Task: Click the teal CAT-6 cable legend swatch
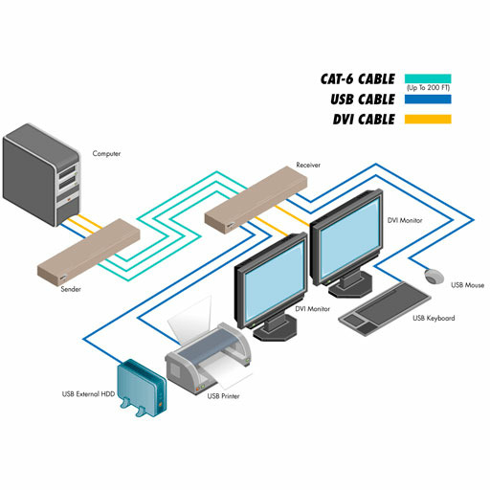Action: (x=428, y=78)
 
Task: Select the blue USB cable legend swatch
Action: (x=428, y=100)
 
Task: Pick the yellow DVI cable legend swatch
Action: (x=428, y=119)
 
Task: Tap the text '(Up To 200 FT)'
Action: (x=428, y=88)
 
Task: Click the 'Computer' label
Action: (x=106, y=153)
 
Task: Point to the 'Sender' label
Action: (x=71, y=289)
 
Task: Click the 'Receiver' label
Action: (x=308, y=165)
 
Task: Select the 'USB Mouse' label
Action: (x=467, y=285)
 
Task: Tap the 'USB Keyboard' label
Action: (x=434, y=318)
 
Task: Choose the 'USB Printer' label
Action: (x=223, y=396)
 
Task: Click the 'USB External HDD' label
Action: (x=88, y=394)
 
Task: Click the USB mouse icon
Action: (x=434, y=277)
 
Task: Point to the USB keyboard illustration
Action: (x=385, y=308)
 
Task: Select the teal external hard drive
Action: (x=142, y=389)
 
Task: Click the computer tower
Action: (x=41, y=175)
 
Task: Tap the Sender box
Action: (x=89, y=251)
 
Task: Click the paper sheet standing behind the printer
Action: (x=190, y=320)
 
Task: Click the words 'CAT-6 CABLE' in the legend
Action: (x=358, y=79)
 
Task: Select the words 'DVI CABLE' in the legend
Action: (x=364, y=120)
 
